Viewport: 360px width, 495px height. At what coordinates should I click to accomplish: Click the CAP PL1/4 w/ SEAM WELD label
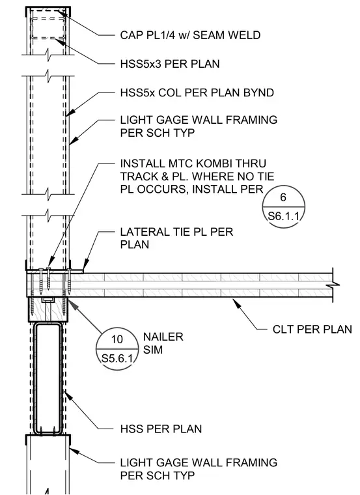click(x=190, y=35)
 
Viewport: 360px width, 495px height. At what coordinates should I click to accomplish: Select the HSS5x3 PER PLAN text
click(x=170, y=64)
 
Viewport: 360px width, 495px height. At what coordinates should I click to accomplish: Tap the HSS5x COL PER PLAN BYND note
click(x=197, y=92)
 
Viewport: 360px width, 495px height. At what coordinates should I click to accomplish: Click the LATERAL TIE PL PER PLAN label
click(x=176, y=238)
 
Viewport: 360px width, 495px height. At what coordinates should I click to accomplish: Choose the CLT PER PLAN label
click(x=312, y=330)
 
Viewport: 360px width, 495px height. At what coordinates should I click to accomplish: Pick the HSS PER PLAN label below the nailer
click(x=161, y=429)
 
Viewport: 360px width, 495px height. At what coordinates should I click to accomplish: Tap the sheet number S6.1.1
click(x=283, y=216)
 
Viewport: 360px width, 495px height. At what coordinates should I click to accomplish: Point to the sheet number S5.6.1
click(x=117, y=359)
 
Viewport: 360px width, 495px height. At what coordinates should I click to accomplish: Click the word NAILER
click(x=163, y=337)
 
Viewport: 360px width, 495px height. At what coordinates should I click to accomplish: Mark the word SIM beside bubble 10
click(x=153, y=350)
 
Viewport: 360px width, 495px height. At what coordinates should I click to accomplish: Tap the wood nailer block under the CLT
click(x=48, y=309)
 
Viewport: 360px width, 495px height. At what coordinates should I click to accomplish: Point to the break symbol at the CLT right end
click(x=333, y=285)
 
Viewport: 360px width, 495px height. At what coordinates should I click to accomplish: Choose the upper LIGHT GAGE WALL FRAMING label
click(x=199, y=126)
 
